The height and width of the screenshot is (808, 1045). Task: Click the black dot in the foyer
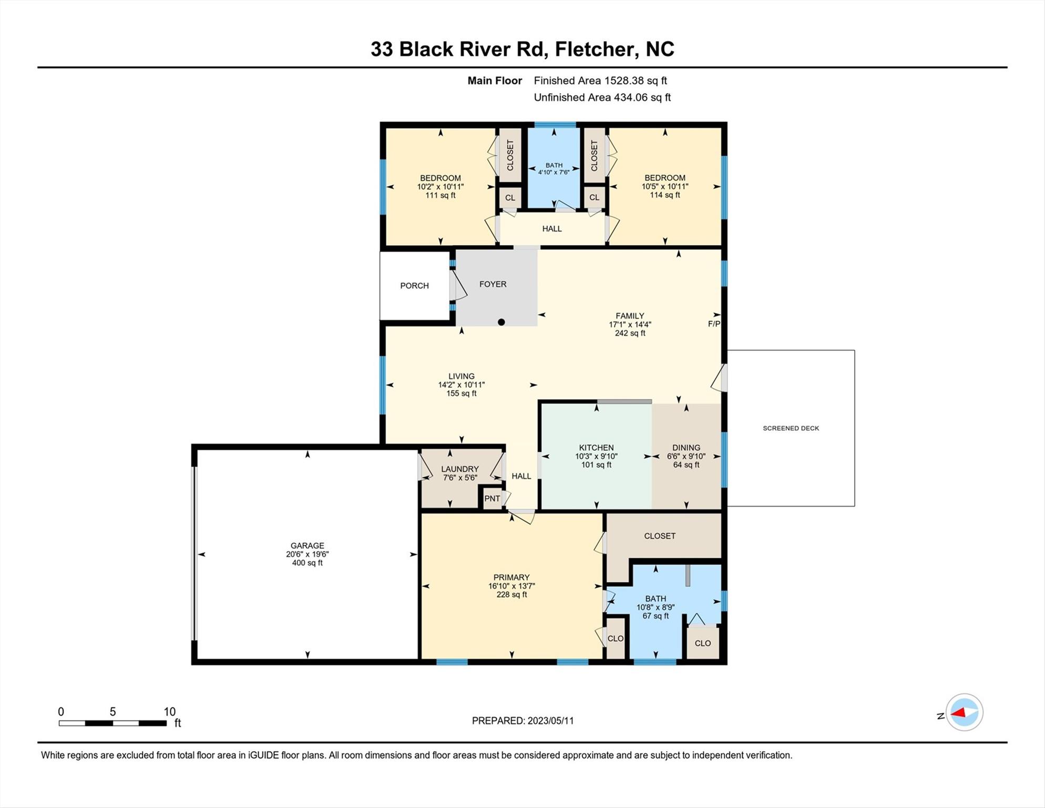click(x=501, y=322)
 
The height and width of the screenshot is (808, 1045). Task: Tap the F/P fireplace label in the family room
click(x=714, y=324)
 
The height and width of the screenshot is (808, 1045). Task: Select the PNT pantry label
click(x=492, y=499)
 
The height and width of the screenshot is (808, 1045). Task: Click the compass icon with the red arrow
click(x=965, y=712)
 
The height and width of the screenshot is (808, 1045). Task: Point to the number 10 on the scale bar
click(x=169, y=712)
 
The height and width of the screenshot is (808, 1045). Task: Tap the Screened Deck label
click(x=791, y=428)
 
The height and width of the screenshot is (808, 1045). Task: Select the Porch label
click(x=414, y=286)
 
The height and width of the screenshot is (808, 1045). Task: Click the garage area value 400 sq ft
click(x=308, y=563)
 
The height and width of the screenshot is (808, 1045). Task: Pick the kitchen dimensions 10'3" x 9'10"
click(x=596, y=457)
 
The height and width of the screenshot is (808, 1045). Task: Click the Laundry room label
click(x=460, y=469)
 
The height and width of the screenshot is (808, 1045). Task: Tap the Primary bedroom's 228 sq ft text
click(x=511, y=594)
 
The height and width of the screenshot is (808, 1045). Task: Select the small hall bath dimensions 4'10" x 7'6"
click(x=554, y=172)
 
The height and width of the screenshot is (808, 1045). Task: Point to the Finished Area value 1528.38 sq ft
click(x=636, y=80)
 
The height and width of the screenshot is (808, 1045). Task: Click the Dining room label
click(x=686, y=448)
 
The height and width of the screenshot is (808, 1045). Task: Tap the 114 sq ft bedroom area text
click(x=665, y=195)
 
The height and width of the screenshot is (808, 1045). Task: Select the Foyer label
click(x=493, y=284)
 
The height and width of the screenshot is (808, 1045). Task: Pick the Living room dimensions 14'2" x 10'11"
click(x=462, y=385)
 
